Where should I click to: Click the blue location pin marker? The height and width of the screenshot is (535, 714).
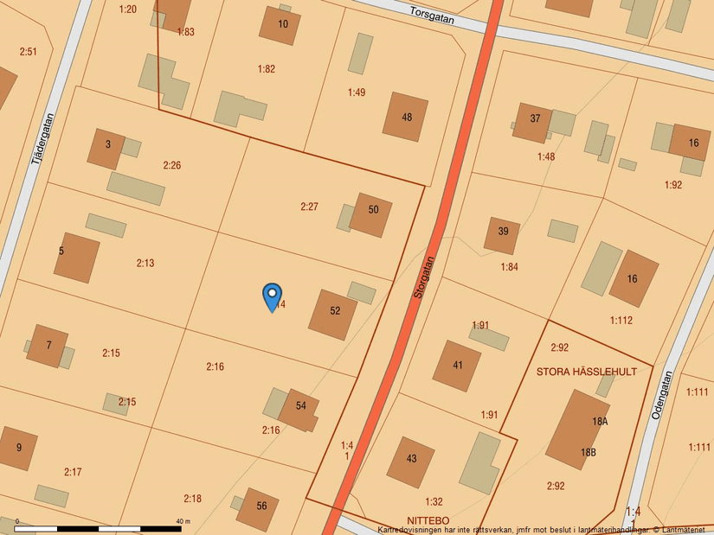tap(272, 296)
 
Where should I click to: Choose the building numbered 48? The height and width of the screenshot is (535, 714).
tap(406, 118)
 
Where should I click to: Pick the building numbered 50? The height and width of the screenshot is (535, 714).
tap(371, 214)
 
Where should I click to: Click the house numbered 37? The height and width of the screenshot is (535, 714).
tap(533, 122)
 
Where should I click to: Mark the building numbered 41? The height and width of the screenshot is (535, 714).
tap(457, 366)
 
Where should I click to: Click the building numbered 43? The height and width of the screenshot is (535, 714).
tap(410, 462)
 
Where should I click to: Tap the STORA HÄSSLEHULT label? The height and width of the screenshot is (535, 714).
tap(586, 373)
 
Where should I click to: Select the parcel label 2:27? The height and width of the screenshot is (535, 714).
tap(309, 207)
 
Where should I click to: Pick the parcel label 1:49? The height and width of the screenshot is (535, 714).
tap(357, 92)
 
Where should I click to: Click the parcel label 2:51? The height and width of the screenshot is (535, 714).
tap(29, 52)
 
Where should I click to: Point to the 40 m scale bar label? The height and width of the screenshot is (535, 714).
tap(183, 521)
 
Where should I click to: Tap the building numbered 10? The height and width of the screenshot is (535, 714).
tap(280, 25)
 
